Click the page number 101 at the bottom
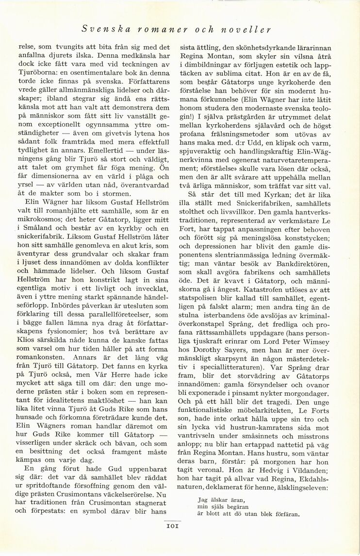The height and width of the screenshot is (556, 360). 173,525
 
